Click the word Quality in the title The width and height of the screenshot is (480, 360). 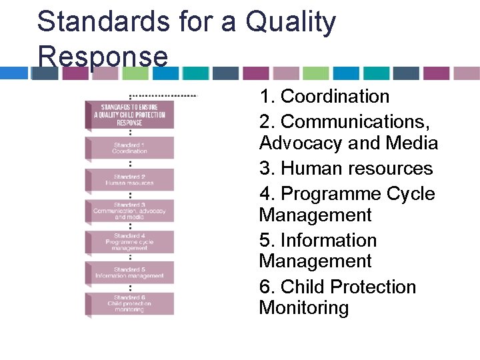(x=291, y=21)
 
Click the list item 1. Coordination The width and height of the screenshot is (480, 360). (x=324, y=97)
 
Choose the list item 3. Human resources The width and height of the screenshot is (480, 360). (x=346, y=169)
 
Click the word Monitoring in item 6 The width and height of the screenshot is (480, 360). (x=303, y=308)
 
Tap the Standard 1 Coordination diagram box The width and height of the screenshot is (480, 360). (x=129, y=148)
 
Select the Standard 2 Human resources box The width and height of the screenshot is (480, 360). (x=129, y=179)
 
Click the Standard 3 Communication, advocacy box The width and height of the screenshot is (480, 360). (x=129, y=211)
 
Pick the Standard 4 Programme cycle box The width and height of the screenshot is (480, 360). (x=129, y=241)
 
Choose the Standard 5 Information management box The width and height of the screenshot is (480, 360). (x=129, y=272)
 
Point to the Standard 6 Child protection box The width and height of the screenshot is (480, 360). (x=129, y=303)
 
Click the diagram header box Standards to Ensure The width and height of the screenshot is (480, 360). (x=129, y=114)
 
